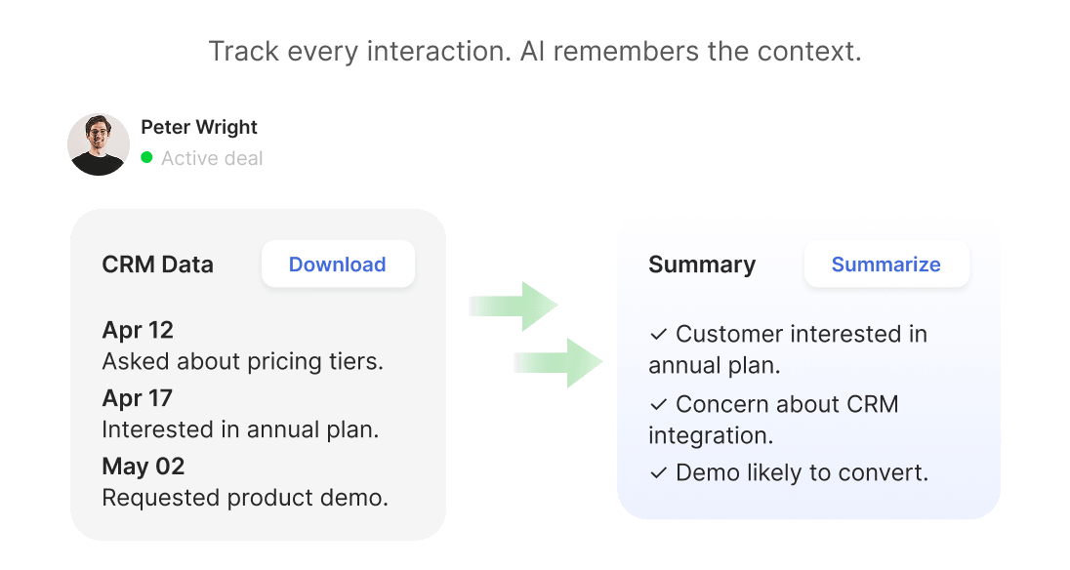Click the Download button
[338, 265]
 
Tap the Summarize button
[885, 265]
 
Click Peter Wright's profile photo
[99, 144]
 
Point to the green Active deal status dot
[146, 157]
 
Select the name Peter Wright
[199, 127]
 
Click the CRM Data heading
[157, 265]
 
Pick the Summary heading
[702, 265]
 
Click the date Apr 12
[138, 330]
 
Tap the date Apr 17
[138, 398]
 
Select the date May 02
[144, 467]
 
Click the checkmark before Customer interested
[658, 335]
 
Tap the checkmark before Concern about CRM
[658, 404]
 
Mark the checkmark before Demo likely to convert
[658, 473]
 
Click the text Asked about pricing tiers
[242, 361]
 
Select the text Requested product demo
[245, 498]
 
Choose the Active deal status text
[212, 158]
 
